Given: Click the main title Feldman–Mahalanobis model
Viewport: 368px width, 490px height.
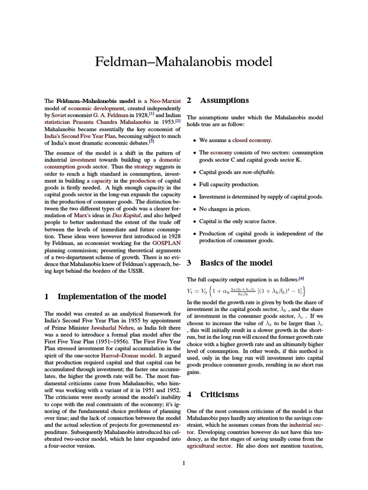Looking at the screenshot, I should coord(184,62).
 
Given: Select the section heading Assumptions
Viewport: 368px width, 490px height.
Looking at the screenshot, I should coord(224,100).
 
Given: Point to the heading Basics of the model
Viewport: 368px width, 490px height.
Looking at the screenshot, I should coord(236,263).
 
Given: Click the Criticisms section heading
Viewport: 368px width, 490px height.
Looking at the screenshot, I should coord(219,395).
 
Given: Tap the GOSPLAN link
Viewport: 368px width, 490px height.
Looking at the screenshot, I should coord(166,243).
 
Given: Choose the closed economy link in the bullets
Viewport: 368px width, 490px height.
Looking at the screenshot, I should coord(252,140).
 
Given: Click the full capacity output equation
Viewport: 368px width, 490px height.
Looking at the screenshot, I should coord(247,291).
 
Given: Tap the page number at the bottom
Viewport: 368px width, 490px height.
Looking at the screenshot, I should coord(184,463).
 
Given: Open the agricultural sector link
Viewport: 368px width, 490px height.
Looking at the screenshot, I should coord(209,445).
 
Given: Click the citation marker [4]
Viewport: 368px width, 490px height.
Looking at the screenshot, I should coord(301,278).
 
